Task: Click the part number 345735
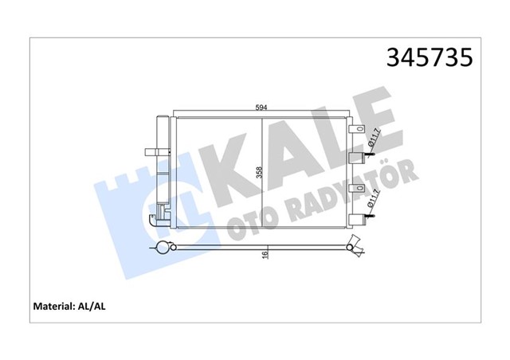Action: (x=430, y=58)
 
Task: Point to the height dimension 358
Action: (x=258, y=174)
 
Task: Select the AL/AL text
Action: (x=103, y=306)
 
